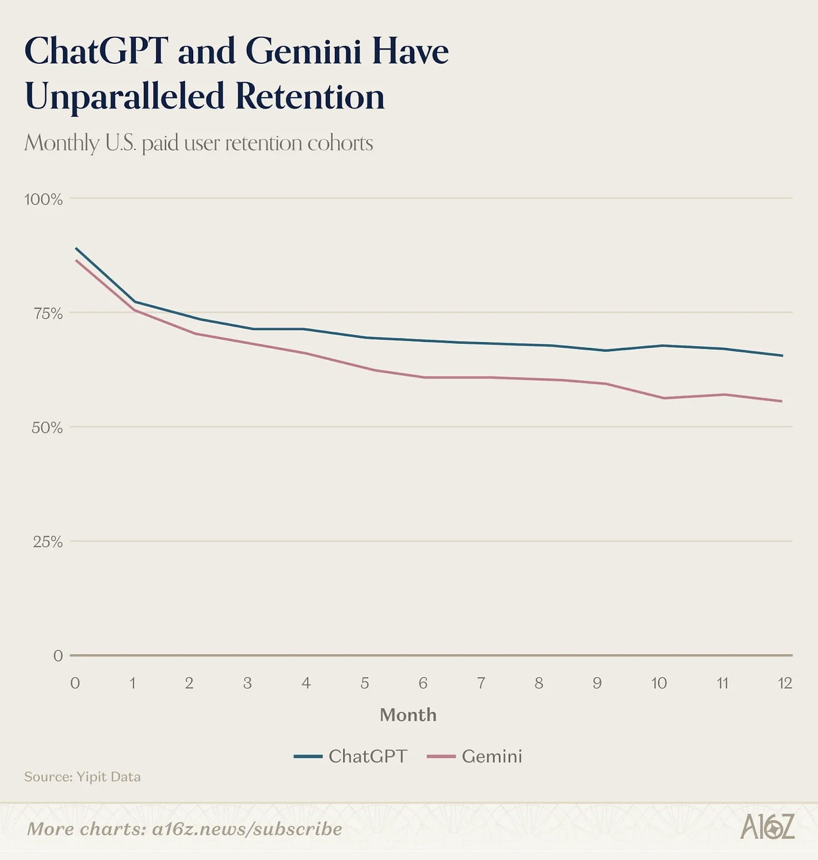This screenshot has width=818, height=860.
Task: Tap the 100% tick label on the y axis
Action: pos(43,199)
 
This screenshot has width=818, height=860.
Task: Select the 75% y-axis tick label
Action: pos(48,313)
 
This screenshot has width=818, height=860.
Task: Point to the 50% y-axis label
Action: pos(47,428)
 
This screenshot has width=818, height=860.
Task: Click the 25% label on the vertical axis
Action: pos(48,542)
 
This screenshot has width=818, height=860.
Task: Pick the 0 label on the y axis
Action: pos(58,656)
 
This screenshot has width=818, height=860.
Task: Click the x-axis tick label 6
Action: pos(423,683)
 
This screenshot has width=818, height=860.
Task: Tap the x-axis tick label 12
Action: pos(785,683)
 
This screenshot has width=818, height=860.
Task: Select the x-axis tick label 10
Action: pos(659,683)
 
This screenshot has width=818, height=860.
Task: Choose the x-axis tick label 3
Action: pos(247,683)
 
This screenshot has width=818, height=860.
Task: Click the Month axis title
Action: pos(408,715)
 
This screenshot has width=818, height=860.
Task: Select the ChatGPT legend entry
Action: pos(351,756)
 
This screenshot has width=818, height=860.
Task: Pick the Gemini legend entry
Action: pos(475,756)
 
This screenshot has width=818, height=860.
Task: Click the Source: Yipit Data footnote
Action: pos(82,777)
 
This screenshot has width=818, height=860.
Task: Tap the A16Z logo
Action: pos(767,827)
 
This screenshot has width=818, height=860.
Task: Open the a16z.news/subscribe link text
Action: pos(247,829)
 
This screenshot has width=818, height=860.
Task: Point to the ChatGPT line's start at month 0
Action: pos(76,248)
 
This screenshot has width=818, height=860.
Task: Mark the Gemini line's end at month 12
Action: pos(782,401)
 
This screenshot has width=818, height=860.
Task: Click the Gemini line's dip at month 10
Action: pos(664,398)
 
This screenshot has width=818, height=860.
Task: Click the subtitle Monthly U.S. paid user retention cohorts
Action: pos(198,143)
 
